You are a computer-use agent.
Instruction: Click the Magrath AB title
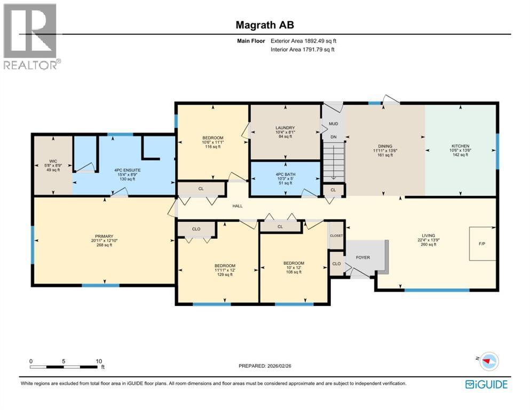click(265, 25)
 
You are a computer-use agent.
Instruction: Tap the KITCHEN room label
click(460, 146)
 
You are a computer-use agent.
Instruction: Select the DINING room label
click(385, 146)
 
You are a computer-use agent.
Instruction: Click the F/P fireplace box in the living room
click(482, 243)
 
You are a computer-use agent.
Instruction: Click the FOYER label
click(362, 257)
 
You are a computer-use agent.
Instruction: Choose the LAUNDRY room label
click(285, 128)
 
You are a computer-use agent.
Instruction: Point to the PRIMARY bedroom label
click(105, 236)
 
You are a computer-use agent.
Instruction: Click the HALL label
click(238, 205)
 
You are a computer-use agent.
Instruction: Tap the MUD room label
click(333, 123)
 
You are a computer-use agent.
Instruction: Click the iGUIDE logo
click(486, 384)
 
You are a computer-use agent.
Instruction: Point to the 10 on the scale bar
click(99, 361)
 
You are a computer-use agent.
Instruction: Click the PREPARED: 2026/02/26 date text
click(265, 366)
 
